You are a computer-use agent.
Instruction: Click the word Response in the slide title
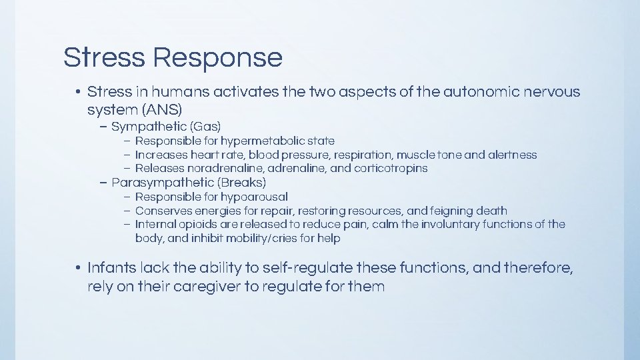coord(217,58)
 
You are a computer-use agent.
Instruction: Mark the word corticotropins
coord(392,169)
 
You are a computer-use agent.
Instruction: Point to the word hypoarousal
coord(255,197)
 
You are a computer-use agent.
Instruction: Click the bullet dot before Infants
coord(78,269)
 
